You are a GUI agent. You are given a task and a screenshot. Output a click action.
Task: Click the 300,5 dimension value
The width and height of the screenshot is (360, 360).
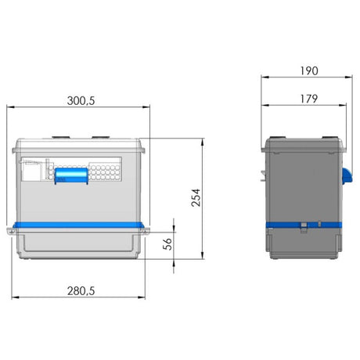(x=81, y=101)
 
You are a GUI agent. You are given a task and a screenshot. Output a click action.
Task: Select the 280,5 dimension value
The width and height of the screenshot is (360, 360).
(x=81, y=291)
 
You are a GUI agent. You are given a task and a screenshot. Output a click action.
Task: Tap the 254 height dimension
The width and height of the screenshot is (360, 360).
(x=196, y=198)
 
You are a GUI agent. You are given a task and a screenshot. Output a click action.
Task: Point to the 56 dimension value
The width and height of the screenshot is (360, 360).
(x=167, y=244)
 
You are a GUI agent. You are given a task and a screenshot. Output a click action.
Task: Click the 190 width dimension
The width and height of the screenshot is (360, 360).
(x=309, y=71)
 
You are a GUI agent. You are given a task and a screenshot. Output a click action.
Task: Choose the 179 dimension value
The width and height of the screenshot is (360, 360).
(x=309, y=99)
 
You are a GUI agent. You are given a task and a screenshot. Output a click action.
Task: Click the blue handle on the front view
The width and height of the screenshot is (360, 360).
(x=71, y=175)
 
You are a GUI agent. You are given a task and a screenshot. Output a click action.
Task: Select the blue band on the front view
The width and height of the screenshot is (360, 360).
(x=78, y=225)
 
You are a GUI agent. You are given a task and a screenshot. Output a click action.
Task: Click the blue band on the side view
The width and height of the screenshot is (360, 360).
(x=304, y=225)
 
